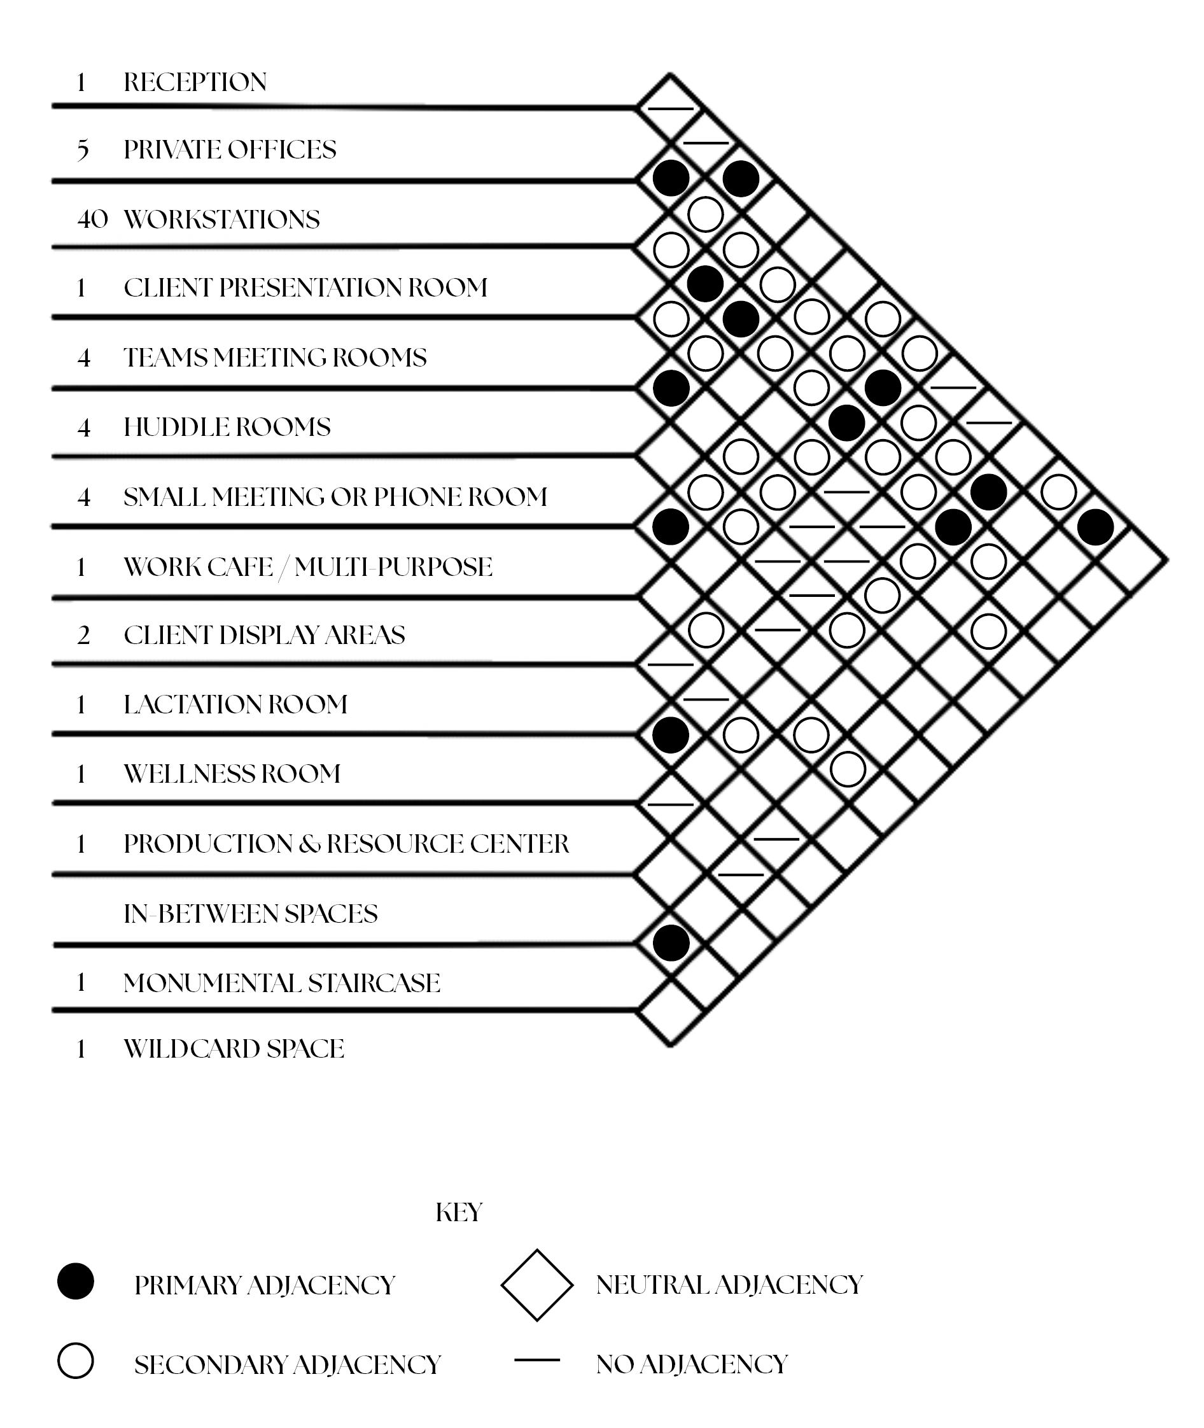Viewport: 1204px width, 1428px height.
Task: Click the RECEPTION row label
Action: point(195,83)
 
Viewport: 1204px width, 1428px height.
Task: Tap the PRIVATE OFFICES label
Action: point(229,150)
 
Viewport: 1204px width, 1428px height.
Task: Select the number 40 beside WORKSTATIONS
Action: point(92,220)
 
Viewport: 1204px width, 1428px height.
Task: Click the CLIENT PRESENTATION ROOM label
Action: point(305,288)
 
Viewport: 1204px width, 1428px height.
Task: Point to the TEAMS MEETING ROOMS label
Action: point(274,358)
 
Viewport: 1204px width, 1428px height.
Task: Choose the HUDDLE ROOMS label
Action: point(227,427)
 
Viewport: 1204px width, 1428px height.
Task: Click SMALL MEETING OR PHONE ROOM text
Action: point(335,498)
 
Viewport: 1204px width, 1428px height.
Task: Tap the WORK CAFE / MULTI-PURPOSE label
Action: point(307,567)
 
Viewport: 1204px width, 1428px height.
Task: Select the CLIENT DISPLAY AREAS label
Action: point(264,636)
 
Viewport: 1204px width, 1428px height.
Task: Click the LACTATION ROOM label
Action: point(235,704)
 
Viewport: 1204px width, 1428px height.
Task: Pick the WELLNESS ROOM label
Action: point(232,774)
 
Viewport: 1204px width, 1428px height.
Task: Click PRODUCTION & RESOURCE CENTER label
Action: point(346,844)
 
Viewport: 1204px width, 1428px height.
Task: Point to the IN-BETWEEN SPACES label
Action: point(250,914)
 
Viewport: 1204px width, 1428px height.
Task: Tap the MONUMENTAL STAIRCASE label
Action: point(281,984)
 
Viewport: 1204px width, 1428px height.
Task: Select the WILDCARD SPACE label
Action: point(234,1049)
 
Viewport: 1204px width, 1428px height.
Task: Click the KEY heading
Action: point(459,1213)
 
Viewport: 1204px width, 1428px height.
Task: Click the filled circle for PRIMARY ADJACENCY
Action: point(75,1281)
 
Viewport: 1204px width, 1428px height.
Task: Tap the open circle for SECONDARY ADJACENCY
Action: point(75,1361)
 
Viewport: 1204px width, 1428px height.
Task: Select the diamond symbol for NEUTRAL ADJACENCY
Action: point(537,1285)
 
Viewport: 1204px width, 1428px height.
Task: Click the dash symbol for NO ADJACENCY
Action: point(537,1361)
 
